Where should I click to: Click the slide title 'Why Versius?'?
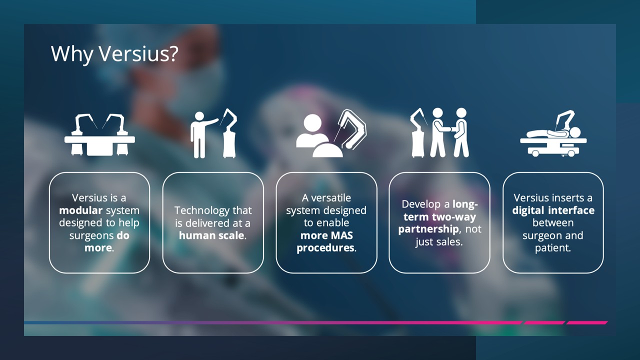114,53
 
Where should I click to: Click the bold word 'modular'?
81,210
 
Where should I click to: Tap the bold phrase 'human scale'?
211,235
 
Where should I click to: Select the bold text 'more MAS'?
326,235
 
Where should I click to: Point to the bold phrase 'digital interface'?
553,210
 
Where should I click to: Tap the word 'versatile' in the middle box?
331,197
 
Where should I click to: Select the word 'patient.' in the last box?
553,248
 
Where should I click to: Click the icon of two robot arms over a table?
99,135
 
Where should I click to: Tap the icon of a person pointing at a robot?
213,133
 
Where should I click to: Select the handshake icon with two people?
440,133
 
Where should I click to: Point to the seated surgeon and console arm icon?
331,133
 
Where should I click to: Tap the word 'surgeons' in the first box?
91,236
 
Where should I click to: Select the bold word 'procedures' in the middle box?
325,248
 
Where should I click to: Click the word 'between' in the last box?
553,223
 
